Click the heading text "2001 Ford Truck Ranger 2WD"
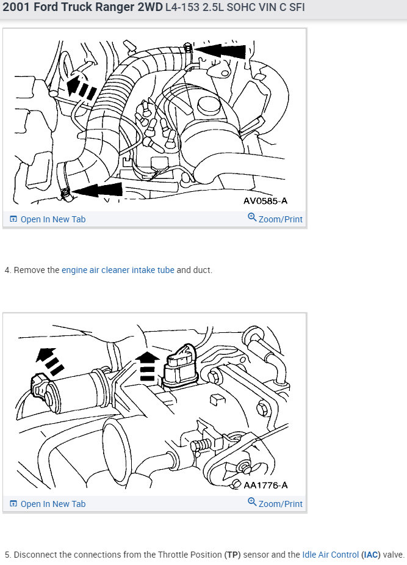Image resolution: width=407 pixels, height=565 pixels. tap(82, 8)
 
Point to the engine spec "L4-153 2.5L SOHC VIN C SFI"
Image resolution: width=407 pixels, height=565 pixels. tap(235, 9)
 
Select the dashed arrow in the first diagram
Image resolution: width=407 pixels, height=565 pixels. tap(82, 87)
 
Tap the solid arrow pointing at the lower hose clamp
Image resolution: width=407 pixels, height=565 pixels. tap(98, 190)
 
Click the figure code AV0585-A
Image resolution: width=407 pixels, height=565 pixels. tap(265, 200)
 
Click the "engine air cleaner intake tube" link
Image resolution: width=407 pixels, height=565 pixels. tap(118, 270)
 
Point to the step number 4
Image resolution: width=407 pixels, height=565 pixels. tap(7, 270)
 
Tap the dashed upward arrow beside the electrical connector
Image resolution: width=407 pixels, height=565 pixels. tap(146, 367)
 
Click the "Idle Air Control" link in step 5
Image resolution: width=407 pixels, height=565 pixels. tap(330, 555)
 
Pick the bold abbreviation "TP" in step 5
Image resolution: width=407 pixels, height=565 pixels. tap(232, 555)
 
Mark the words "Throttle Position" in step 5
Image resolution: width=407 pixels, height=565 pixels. tap(187, 555)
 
